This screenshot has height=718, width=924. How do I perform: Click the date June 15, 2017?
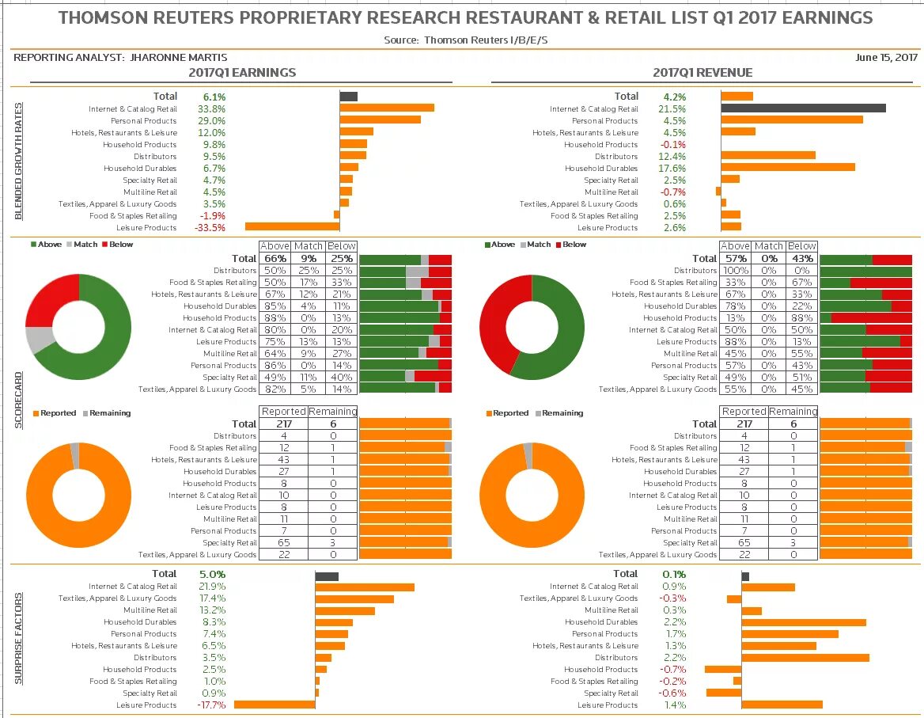[x=886, y=57]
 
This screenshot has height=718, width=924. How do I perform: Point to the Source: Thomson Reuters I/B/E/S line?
[x=464, y=40]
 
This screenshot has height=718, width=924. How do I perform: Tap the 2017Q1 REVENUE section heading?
[x=702, y=73]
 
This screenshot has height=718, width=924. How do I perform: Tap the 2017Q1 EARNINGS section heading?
[x=242, y=73]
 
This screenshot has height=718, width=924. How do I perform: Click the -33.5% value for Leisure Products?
[x=210, y=228]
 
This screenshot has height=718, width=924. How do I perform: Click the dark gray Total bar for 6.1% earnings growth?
[x=348, y=97]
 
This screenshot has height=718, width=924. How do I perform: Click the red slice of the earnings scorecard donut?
[x=49, y=299]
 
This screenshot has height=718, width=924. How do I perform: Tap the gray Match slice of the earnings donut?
[x=39, y=339]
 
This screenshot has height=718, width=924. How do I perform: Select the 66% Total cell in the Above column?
[x=275, y=258]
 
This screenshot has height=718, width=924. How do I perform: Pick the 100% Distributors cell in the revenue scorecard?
[x=735, y=271]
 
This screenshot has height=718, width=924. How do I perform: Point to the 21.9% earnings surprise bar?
[x=365, y=587]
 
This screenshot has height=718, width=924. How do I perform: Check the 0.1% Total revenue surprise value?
[x=673, y=574]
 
